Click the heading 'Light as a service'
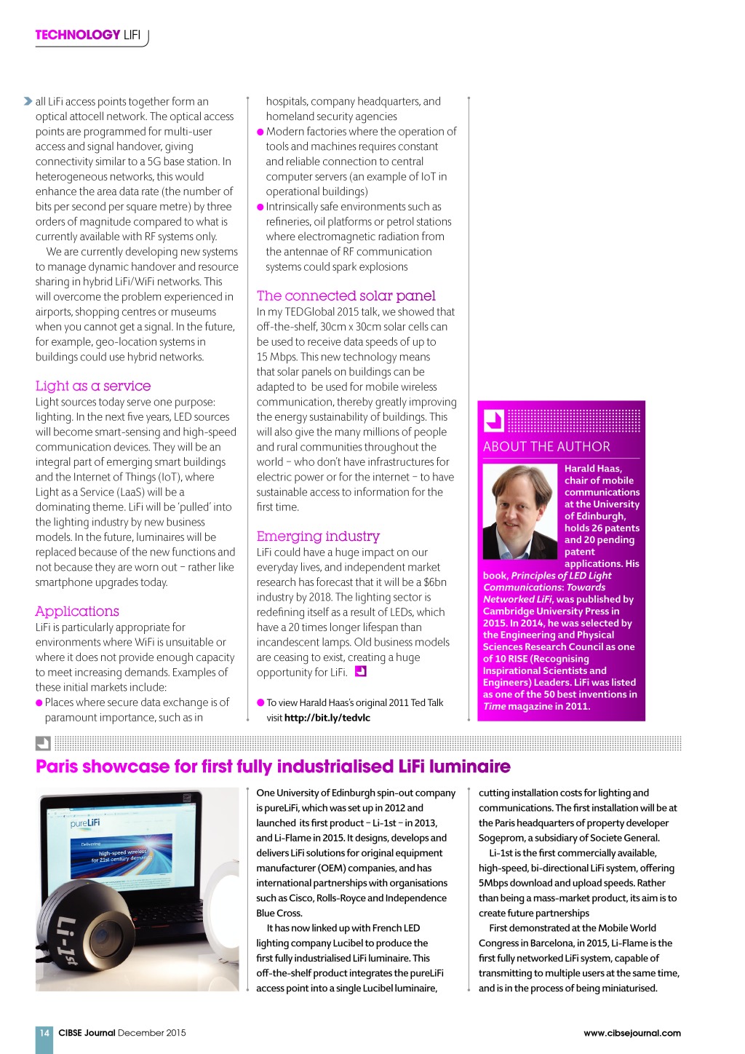coord(93,386)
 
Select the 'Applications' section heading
coord(77,611)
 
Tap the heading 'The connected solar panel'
coord(346,296)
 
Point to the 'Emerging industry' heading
coord(318,536)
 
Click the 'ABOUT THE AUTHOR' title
coord(546,447)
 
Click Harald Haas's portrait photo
coord(519,512)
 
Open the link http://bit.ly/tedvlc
coord(327,718)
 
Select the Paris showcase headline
coord(273,766)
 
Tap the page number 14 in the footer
coord(44,1033)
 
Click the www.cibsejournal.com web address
coord(632,1033)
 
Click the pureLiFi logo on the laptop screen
coord(85,823)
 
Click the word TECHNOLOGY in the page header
coord(78,34)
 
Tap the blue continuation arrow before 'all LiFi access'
coord(28,101)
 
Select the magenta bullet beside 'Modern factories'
coord(260,132)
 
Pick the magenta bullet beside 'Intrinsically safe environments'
coord(260,207)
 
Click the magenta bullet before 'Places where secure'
coord(39,703)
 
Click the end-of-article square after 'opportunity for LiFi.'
coord(360,671)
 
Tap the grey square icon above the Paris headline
coord(43,743)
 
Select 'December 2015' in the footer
coord(151,1033)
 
